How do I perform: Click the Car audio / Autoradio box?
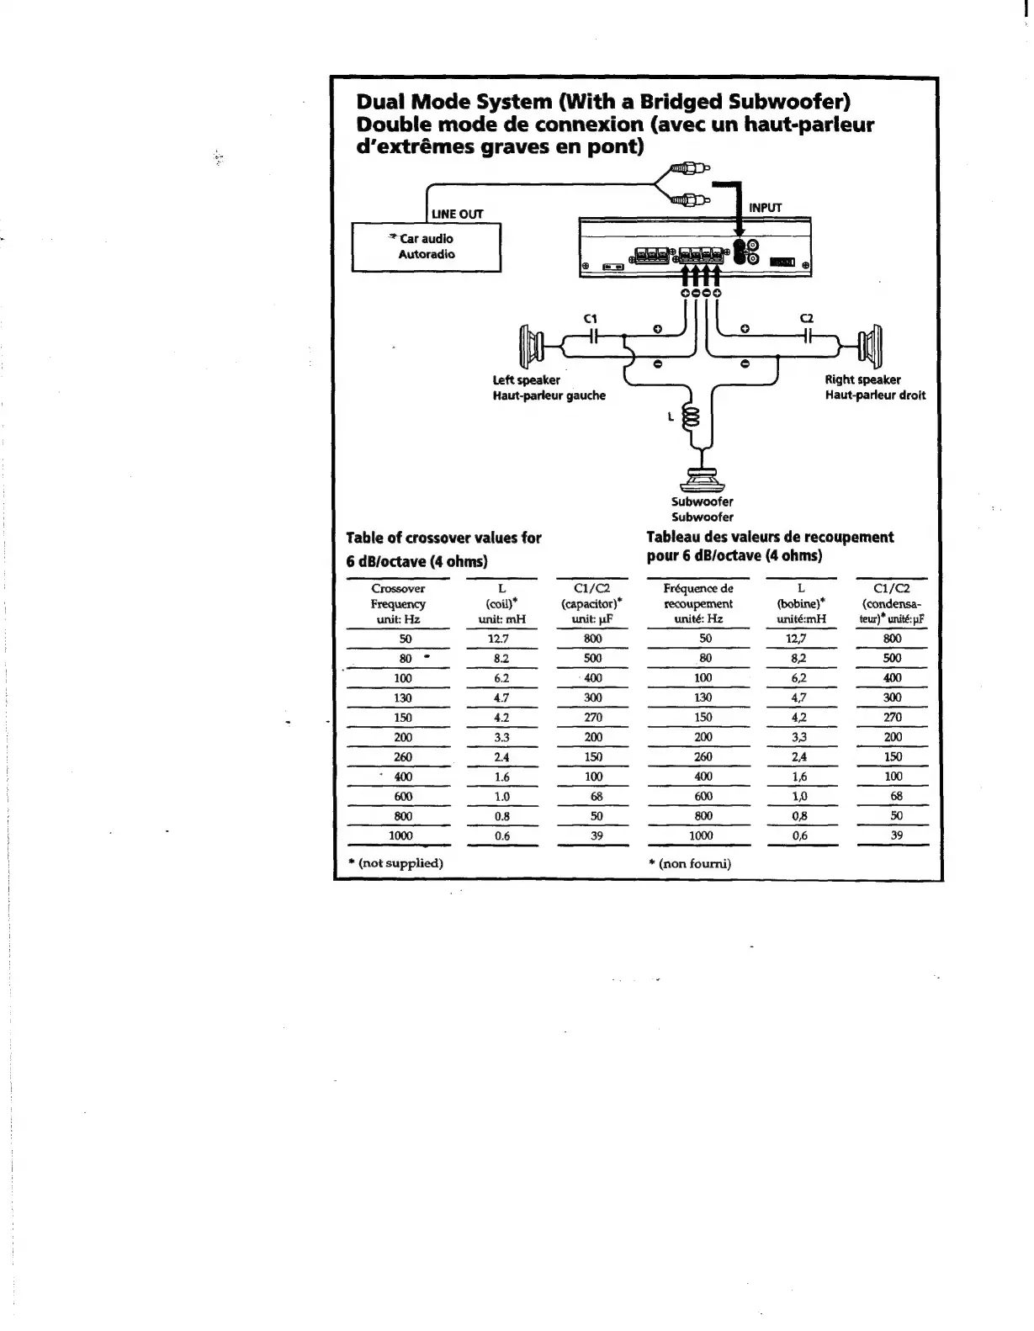click(x=426, y=247)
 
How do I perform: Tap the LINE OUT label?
click(x=457, y=214)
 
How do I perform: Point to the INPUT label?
click(x=765, y=208)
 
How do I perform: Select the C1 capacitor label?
click(x=591, y=318)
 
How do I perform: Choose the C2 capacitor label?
click(x=807, y=318)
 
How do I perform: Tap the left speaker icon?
click(x=532, y=344)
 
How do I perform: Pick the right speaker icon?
click(x=868, y=342)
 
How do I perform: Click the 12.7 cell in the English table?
click(x=499, y=639)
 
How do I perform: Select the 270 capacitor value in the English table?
click(x=593, y=718)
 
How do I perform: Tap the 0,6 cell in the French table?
click(x=799, y=835)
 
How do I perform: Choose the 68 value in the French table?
click(x=896, y=796)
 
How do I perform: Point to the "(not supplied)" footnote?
click(x=395, y=863)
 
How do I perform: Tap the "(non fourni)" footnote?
click(x=690, y=863)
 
